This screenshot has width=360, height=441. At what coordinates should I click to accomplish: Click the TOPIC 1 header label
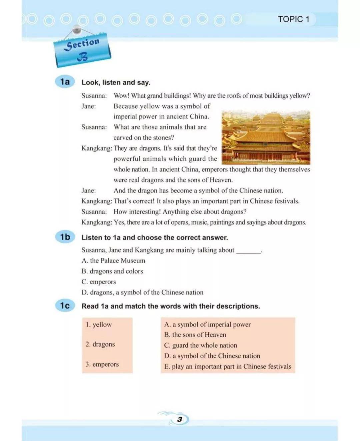[293, 19]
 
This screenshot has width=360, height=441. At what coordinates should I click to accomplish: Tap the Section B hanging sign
[82, 50]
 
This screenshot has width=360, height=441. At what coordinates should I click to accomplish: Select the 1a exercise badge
[65, 82]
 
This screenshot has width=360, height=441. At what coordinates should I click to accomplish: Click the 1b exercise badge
[65, 237]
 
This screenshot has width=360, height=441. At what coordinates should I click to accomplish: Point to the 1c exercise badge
[65, 306]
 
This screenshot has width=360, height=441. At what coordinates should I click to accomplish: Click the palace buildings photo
[266, 137]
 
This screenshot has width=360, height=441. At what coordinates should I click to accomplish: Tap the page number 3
[180, 419]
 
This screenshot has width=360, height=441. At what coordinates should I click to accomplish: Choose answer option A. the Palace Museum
[113, 261]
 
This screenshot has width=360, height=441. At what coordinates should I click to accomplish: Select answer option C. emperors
[99, 282]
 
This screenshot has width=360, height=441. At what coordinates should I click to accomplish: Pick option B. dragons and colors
[112, 271]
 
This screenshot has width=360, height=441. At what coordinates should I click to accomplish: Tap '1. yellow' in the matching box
[99, 325]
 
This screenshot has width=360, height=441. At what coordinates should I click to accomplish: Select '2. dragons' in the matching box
[100, 344]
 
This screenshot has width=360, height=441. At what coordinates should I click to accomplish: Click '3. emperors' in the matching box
[102, 364]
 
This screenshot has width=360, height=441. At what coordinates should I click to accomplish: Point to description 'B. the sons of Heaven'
[195, 335]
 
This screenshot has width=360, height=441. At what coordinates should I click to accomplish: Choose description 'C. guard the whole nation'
[200, 345]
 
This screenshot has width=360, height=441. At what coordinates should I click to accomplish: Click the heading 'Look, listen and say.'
[116, 82]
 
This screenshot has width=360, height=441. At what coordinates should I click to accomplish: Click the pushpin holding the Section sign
[77, 30]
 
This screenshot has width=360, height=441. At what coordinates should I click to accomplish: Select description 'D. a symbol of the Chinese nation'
[212, 356]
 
